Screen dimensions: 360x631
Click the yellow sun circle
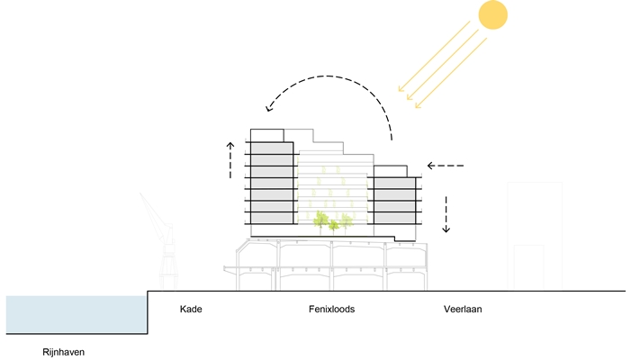click(x=493, y=15)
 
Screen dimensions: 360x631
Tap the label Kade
click(x=191, y=310)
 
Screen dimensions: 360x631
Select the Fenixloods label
click(x=331, y=310)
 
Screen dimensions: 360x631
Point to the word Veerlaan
click(x=464, y=310)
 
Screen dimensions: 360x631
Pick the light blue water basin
click(x=76, y=314)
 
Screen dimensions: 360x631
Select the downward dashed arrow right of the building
click(x=446, y=212)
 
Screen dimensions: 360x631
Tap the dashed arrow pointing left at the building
click(x=446, y=166)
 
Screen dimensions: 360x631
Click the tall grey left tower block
click(x=273, y=184)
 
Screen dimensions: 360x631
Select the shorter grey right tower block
click(x=392, y=200)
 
